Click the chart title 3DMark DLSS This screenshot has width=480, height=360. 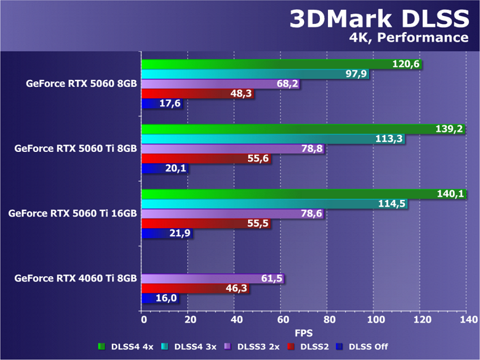click(x=379, y=19)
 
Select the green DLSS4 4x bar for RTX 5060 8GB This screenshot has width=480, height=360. click(x=265, y=64)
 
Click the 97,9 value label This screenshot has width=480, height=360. click(x=356, y=74)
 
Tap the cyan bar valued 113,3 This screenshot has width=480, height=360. click(x=258, y=139)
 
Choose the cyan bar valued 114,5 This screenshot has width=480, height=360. click(x=258, y=204)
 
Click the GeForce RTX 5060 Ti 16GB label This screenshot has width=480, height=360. click(x=73, y=214)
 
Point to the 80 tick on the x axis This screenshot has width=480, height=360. click(x=329, y=320)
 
